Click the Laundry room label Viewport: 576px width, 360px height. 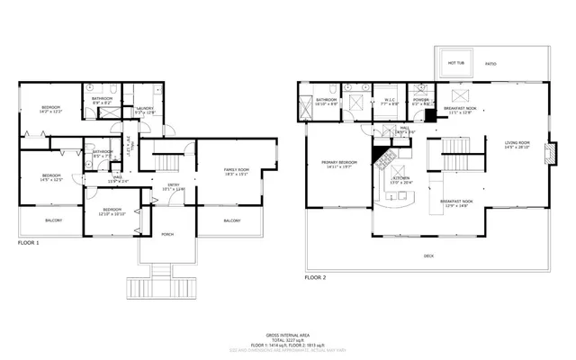[x=144, y=110]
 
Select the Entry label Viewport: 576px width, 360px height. [x=171, y=187]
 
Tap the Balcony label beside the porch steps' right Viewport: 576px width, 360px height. [x=231, y=220]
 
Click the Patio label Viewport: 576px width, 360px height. [x=490, y=64]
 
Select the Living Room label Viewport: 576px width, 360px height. [x=517, y=145]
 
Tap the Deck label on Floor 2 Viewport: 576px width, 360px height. [x=428, y=256]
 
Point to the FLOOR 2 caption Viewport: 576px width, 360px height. [x=315, y=278]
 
